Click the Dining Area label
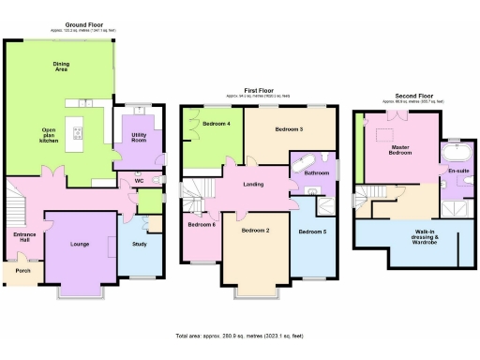[62, 67]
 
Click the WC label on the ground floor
[138, 180]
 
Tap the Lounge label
[81, 243]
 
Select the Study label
[140, 244]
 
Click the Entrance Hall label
[23, 237]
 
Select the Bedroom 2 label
[255, 230]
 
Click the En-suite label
[458, 171]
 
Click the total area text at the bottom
[239, 335]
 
